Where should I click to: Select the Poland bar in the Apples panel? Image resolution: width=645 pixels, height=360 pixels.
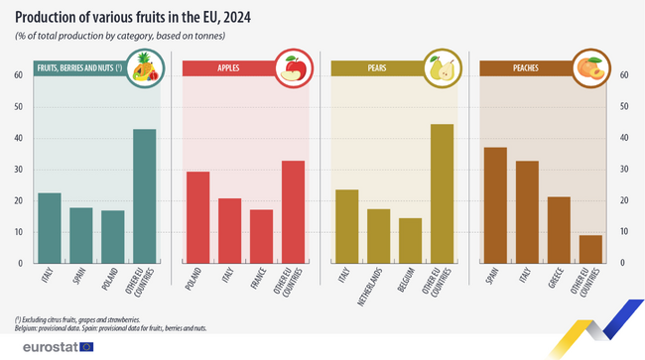198,217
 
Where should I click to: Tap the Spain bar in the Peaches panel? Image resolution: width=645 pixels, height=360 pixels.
495,205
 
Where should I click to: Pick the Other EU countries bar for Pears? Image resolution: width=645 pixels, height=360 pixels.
442,193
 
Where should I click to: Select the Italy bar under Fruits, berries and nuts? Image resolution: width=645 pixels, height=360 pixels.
50,228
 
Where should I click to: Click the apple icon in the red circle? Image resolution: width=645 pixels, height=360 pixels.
293,68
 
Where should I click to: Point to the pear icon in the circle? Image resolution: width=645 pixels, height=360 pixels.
441,68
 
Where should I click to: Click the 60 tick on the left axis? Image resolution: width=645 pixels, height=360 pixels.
19,75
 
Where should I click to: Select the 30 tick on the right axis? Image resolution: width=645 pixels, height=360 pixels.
624,170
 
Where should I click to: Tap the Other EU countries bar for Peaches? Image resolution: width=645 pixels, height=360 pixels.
590,249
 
